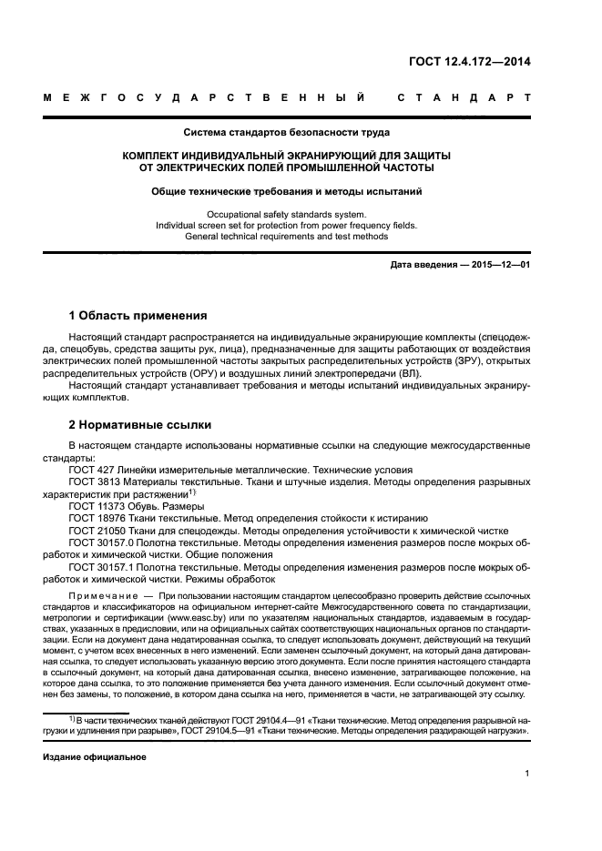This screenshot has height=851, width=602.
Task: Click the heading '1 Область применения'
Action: [x=138, y=316]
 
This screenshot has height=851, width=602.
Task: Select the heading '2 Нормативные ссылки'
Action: [x=140, y=424]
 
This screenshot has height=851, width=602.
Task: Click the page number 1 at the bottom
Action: [x=527, y=774]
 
